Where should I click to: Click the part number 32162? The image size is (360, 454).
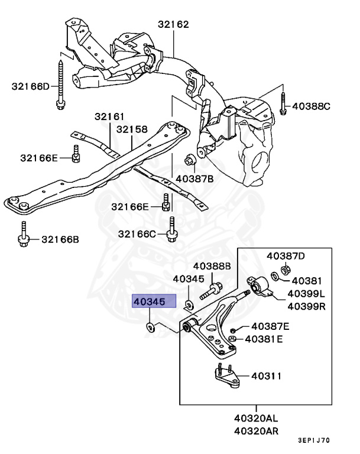tap(173, 25)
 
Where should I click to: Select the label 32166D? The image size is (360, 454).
tap(31, 86)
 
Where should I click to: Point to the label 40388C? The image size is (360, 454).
tap(312, 106)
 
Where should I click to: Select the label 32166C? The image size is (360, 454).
tap(137, 234)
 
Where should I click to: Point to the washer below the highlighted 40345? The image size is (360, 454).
tap(150, 327)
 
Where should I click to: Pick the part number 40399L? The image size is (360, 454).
tap(306, 293)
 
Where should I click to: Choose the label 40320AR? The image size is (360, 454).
tap(256, 431)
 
